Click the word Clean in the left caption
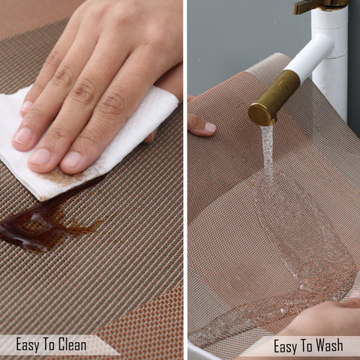point(72,345)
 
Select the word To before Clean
point(49,345)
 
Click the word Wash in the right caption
point(329,346)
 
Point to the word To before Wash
point(306,346)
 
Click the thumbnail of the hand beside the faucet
point(209,127)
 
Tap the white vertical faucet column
point(330,62)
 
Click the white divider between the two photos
point(185,180)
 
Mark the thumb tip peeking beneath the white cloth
point(151,136)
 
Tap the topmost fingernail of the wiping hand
point(26,106)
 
